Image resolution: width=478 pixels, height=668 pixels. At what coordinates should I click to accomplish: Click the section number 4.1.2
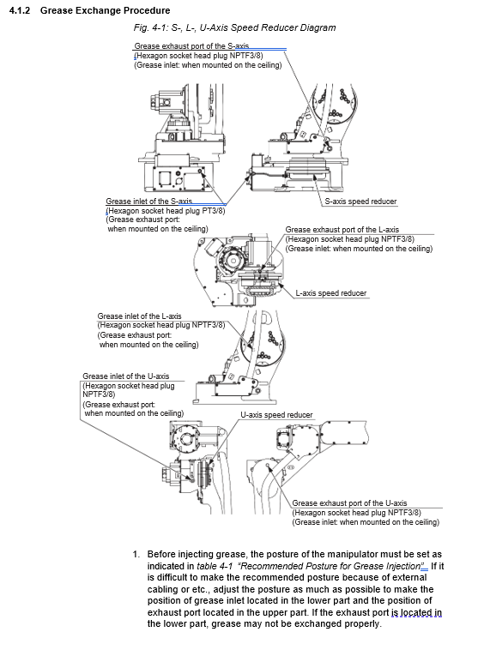(20, 10)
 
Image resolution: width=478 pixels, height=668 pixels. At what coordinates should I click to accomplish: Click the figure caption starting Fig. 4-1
(234, 28)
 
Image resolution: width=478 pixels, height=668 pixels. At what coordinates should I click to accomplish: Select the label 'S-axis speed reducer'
(360, 201)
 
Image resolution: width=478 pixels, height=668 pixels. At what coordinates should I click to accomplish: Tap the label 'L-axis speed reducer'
(331, 293)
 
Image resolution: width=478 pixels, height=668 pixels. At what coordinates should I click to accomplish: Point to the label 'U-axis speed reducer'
(276, 415)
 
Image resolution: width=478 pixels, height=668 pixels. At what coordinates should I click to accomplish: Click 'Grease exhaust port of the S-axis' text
(191, 46)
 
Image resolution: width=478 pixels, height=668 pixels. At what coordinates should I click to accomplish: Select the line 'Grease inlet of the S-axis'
(148, 201)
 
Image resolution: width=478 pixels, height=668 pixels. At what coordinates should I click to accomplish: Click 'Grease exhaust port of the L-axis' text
(342, 230)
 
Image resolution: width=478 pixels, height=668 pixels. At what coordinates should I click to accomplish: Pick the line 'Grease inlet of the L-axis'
(139, 316)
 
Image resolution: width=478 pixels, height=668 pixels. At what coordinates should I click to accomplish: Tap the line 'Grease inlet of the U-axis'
(126, 376)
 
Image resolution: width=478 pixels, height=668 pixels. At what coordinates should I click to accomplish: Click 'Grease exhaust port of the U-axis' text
(349, 503)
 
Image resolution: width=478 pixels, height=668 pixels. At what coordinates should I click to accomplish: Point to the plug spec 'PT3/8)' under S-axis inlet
(213, 210)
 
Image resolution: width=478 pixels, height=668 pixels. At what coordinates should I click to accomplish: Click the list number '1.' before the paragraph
(136, 555)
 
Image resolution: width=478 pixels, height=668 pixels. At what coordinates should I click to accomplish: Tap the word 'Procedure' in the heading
(146, 10)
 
